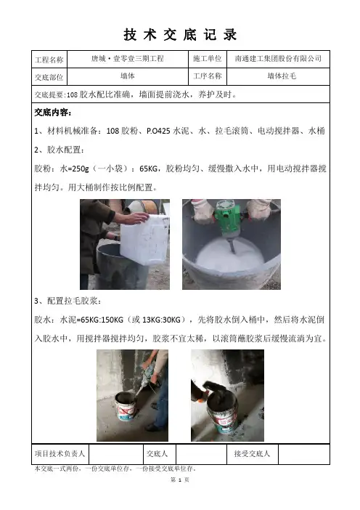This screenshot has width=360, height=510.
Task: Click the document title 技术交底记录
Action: tap(180, 34)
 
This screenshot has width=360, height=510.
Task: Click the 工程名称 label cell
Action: tap(49, 60)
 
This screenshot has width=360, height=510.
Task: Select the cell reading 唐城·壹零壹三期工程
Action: tap(127, 59)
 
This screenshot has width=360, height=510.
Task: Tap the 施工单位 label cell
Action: tap(208, 59)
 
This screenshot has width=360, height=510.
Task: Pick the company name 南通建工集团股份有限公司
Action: tap(278, 59)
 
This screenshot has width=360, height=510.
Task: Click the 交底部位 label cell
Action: tap(49, 77)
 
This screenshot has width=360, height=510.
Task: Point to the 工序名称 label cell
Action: tap(208, 76)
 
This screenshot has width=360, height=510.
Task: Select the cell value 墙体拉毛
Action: tap(282, 76)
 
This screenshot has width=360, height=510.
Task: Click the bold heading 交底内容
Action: tap(53, 113)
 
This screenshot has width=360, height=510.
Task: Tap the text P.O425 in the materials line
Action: tap(158, 131)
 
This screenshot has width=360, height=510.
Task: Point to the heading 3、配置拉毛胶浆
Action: tap(68, 301)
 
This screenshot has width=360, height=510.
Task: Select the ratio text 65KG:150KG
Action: tap(102, 320)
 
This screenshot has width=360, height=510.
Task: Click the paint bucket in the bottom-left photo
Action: tap(126, 406)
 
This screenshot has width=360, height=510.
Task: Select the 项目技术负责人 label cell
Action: tap(60, 453)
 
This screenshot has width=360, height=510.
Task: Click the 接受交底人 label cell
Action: tap(252, 453)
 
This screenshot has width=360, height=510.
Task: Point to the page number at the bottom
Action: tap(180, 479)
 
